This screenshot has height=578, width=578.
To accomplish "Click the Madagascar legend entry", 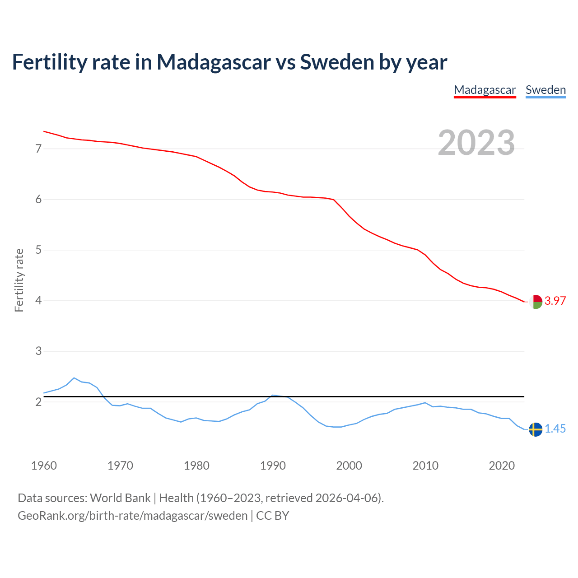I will point(485,90).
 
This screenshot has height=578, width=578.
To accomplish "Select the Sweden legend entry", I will point(545,90).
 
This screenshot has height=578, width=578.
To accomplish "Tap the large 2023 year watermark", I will point(476,143).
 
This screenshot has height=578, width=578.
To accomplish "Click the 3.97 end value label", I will point(555,301).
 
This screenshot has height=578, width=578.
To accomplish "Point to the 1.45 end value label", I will point(555,429).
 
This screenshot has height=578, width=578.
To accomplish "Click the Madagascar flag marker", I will point(536,302).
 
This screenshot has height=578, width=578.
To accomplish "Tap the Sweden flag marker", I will point(536,429).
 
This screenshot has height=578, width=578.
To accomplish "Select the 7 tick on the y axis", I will point(38,149).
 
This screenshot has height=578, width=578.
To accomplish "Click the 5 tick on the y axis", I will point(38,250).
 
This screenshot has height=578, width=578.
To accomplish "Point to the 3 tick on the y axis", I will point(38,351).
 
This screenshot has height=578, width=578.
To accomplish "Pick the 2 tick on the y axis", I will point(38,402).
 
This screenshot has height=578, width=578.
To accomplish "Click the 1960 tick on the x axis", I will point(44,466).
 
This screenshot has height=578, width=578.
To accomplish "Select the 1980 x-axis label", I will point(196,466).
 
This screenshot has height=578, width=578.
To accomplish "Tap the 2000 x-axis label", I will point(349,466).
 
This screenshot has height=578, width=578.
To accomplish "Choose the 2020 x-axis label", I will point(502,466).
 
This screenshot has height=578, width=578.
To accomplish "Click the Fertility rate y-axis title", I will point(19,280).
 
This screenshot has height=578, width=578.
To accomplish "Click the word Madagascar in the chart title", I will point(214,62).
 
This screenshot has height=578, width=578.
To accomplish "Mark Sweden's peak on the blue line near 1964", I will point(74,378).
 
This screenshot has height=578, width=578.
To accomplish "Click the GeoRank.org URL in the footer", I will point(132,516).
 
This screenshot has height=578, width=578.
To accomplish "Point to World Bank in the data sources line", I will point(120,498).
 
